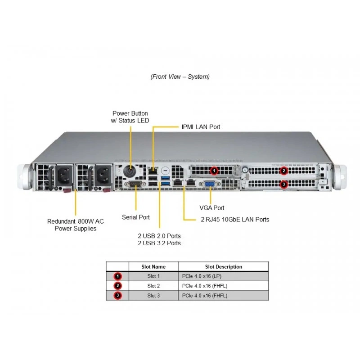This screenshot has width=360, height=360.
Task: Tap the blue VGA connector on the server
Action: [x=210, y=184]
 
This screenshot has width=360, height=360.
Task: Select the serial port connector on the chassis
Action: [x=135, y=184]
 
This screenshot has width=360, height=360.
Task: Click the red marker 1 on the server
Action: [x=214, y=171]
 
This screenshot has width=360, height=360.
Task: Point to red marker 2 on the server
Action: [x=284, y=171]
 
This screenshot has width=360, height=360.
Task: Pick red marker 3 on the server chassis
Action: [x=284, y=184]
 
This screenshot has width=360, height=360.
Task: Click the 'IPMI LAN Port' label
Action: [x=201, y=127]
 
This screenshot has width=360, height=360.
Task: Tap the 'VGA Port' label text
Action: [x=211, y=208]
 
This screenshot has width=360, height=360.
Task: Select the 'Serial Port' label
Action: [x=136, y=217]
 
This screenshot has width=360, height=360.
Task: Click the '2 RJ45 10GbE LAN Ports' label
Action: [x=235, y=220]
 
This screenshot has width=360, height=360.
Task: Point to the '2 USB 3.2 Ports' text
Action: [x=159, y=243]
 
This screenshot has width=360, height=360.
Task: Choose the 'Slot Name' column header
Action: [x=153, y=267]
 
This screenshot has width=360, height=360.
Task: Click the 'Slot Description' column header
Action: [x=224, y=267]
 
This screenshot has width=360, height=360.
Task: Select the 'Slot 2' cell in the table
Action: [x=153, y=286]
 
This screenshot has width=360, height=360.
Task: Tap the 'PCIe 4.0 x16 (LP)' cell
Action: [x=202, y=276]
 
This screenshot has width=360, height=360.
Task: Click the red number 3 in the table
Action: [x=118, y=296]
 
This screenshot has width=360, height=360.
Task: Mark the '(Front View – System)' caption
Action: [x=180, y=76]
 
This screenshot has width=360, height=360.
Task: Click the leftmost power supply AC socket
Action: [x=63, y=175]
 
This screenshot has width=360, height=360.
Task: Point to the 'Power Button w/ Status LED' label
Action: [x=130, y=117]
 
